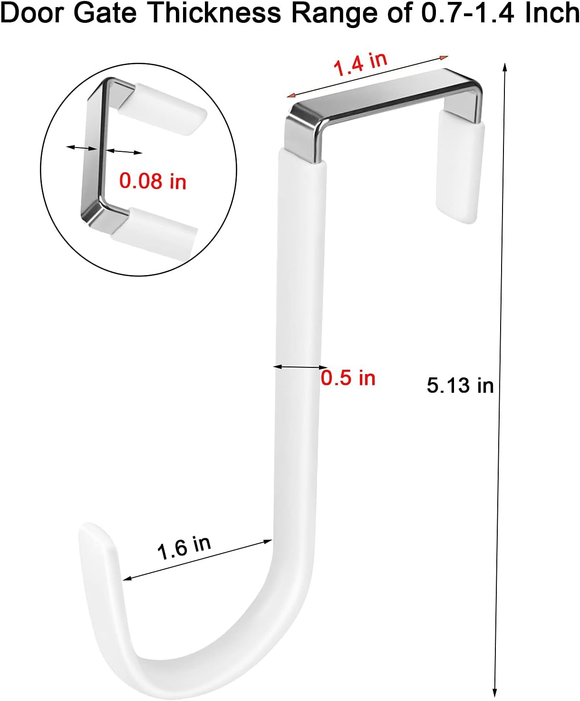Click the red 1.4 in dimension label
coord(360,64)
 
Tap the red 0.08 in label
coord(153,181)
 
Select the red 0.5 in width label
coord(348,378)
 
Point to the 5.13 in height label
coord(460,385)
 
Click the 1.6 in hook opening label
coord(184,547)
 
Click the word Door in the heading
coord(32,13)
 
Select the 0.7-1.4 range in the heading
coord(469,13)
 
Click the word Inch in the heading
coord(552,13)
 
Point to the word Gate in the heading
coord(105,13)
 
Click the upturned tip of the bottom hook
coord(95,535)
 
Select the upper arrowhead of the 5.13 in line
coord(505,67)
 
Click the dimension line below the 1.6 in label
coord(197,560)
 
